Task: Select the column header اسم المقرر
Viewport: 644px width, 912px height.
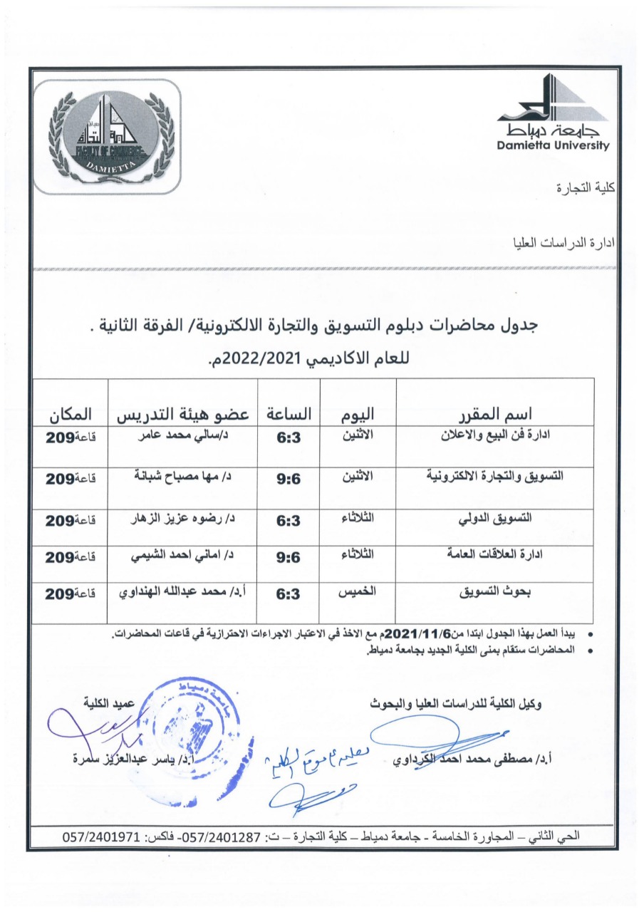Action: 494,413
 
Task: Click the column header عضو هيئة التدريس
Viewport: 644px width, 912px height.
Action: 182,413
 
